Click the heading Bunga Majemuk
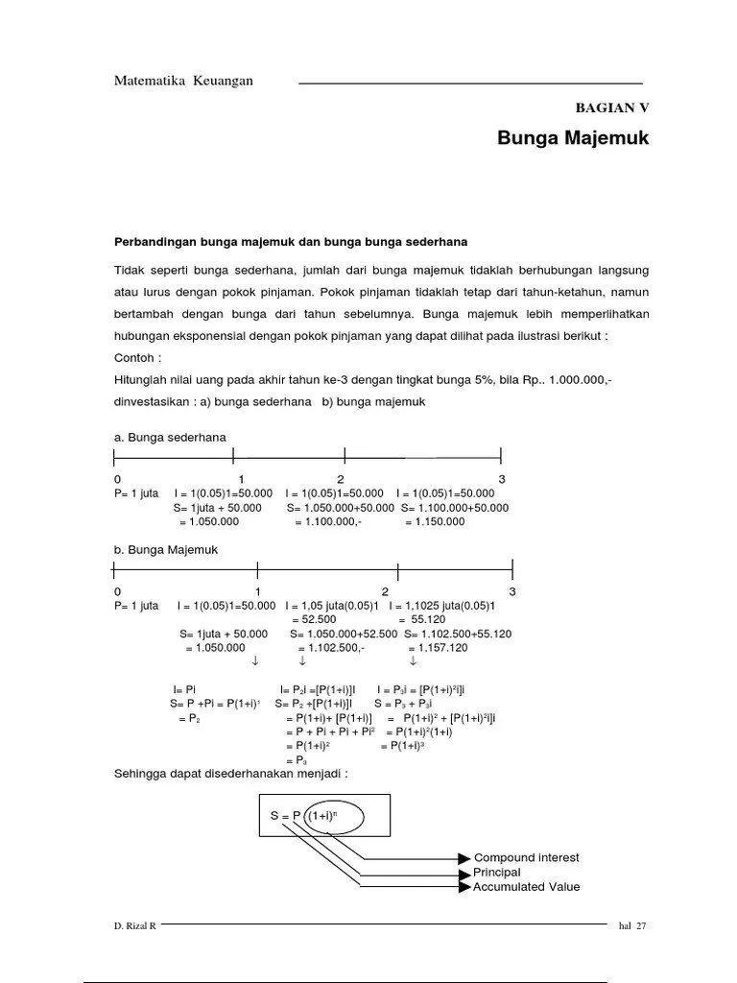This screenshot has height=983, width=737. (x=573, y=138)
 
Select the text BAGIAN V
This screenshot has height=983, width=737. (x=611, y=108)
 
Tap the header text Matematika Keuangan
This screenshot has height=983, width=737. (x=183, y=81)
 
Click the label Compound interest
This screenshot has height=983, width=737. (x=526, y=857)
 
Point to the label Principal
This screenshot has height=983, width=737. (x=497, y=873)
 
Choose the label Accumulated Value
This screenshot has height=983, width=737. (x=526, y=887)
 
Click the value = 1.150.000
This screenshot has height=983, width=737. (x=434, y=521)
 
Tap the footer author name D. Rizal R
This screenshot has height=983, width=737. (x=135, y=926)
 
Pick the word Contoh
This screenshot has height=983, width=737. (x=137, y=357)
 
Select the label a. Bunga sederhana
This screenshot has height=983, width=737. (x=170, y=437)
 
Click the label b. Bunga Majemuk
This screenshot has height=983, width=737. (x=166, y=550)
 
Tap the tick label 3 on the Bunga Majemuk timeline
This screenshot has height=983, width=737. (x=512, y=592)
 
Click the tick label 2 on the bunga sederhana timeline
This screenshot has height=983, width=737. (x=341, y=479)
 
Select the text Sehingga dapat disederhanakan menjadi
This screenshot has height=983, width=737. (x=230, y=774)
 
